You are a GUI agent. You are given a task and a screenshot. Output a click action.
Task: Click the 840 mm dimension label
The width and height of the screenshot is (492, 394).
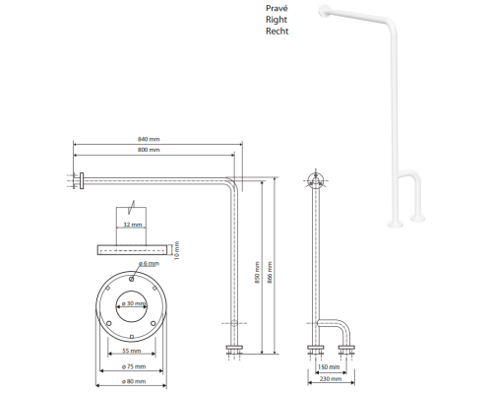pyautogui.click(x=149, y=139)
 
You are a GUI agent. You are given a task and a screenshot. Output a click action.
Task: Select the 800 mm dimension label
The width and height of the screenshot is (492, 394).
pyautogui.click(x=149, y=150)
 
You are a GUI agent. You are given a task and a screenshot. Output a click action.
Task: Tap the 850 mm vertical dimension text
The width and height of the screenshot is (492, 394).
pyautogui.click(x=258, y=273)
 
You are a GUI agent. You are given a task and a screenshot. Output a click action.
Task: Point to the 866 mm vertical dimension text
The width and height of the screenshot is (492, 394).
pyautogui.click(x=270, y=273)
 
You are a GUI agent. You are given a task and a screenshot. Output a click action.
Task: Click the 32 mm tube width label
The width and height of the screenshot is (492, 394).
pyautogui.click(x=133, y=225)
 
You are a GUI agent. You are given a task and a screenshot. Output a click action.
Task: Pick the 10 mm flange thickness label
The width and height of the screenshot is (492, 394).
pyautogui.click(x=177, y=250)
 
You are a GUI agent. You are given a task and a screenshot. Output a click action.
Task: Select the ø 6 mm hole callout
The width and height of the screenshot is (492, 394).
pyautogui.click(x=149, y=263)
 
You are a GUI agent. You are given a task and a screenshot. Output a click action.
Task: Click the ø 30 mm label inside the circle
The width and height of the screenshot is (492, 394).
pyautogui.click(x=134, y=303)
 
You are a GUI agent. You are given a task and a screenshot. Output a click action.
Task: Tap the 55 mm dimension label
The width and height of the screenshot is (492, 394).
pyautogui.click(x=132, y=351)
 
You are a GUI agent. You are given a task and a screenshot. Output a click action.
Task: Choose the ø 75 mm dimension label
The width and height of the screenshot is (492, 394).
pyautogui.click(x=134, y=366)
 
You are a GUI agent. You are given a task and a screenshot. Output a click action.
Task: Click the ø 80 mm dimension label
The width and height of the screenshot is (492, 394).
pyautogui.click(x=134, y=381)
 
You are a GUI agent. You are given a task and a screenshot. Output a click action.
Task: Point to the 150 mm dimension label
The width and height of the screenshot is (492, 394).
pyautogui.click(x=329, y=366)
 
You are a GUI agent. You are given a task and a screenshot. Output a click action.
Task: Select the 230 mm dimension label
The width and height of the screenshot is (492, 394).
pyautogui.click(x=331, y=379)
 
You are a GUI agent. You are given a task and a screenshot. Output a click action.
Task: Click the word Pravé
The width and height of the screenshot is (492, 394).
pyautogui.click(x=277, y=8)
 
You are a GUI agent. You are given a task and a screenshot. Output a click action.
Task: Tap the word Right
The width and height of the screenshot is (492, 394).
pyautogui.click(x=277, y=20)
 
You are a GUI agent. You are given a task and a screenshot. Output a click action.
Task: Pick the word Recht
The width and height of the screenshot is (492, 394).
pyautogui.click(x=277, y=32)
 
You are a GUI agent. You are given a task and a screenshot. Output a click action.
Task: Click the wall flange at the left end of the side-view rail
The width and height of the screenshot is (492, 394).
pyautogui.click(x=82, y=181)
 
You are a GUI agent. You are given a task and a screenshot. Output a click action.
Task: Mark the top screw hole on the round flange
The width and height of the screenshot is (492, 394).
pyautogui.click(x=132, y=279)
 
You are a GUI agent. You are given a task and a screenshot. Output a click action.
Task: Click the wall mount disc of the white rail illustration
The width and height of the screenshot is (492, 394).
pyautogui.click(x=324, y=11)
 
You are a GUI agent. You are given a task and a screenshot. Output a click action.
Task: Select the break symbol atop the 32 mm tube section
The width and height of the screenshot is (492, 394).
pyautogui.click(x=132, y=206)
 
